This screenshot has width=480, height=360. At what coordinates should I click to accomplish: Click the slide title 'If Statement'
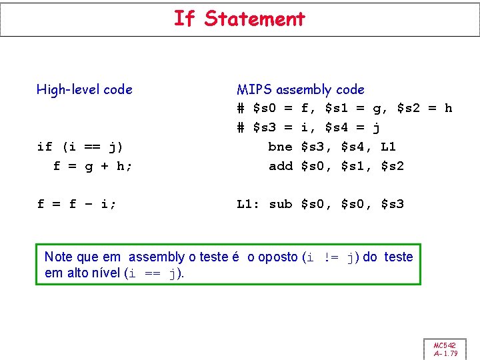239,19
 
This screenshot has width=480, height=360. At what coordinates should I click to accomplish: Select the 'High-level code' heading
85,89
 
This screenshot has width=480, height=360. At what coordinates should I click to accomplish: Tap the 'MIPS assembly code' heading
300,89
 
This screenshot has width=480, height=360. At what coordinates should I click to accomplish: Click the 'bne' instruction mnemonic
280,147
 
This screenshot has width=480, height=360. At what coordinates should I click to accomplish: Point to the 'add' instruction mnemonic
280,166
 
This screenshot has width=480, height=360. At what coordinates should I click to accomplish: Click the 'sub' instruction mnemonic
280,204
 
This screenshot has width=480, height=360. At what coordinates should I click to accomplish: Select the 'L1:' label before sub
248,204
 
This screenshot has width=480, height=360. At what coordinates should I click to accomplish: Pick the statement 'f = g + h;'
93,166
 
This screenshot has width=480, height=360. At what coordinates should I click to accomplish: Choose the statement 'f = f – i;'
77,204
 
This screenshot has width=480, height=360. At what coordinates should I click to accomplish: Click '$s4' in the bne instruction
354,147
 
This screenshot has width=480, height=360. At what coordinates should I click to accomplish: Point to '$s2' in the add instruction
392,166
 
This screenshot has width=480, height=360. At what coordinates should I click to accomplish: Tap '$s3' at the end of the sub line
392,204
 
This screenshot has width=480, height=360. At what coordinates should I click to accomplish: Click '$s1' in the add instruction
354,166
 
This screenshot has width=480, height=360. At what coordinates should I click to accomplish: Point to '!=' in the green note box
331,257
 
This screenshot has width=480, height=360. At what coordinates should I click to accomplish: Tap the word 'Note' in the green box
58,257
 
